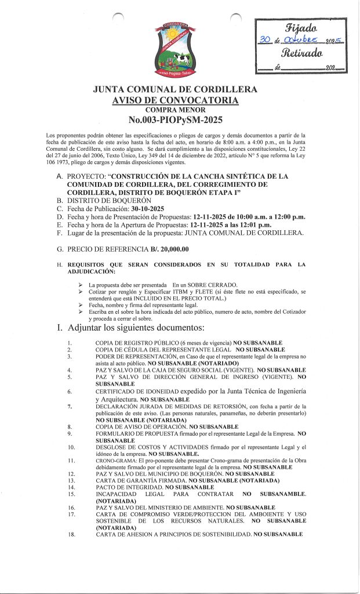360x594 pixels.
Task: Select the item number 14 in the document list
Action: click(x=71, y=487)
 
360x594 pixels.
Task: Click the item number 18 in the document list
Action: click(x=71, y=534)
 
